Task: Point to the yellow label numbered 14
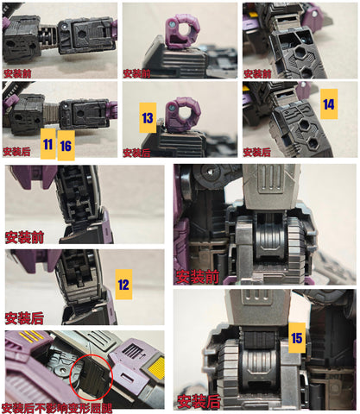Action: pos(327,104)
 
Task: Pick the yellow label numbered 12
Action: pos(123,284)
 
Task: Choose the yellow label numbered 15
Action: pos(297,338)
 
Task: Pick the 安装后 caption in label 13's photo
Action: pos(136,153)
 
